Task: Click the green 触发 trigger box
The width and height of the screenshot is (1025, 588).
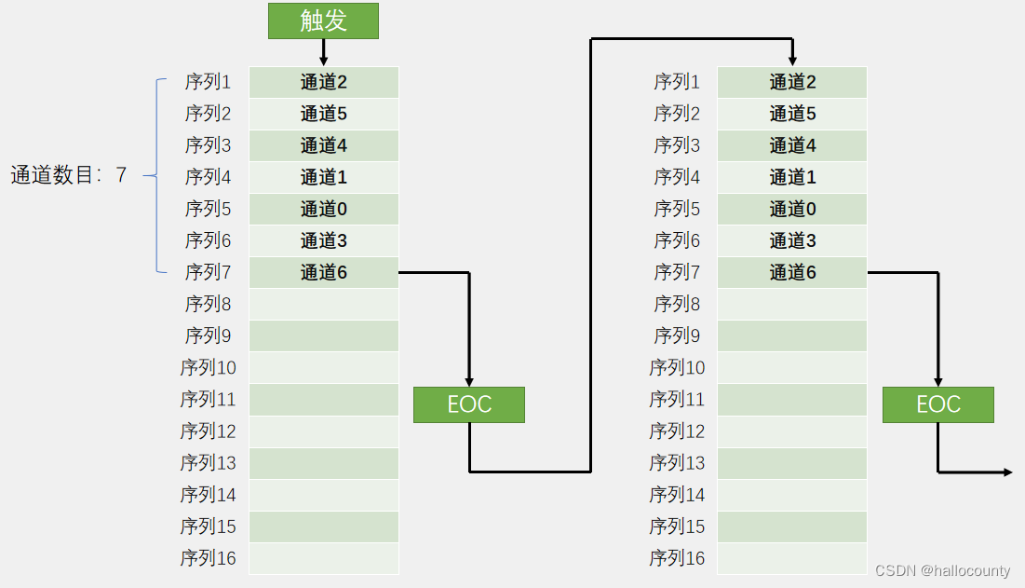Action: click(x=323, y=21)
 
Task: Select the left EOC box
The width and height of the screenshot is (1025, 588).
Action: click(x=469, y=404)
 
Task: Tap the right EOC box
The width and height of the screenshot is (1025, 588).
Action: click(x=937, y=404)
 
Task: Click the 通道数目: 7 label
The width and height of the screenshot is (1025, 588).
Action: click(x=68, y=175)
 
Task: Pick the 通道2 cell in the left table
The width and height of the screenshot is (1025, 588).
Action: click(x=323, y=82)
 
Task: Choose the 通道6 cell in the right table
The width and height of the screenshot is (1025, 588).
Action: click(x=792, y=272)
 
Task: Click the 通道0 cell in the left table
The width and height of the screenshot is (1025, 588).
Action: click(x=323, y=209)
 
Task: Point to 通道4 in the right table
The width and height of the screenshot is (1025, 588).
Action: click(x=792, y=145)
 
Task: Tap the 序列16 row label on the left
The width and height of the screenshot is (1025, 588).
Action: click(x=209, y=558)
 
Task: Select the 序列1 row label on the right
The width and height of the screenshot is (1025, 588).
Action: click(x=677, y=82)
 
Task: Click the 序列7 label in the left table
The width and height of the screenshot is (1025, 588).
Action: click(x=209, y=272)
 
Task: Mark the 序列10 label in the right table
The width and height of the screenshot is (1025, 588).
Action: click(x=677, y=367)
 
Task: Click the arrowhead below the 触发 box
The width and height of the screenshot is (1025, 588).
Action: click(x=323, y=61)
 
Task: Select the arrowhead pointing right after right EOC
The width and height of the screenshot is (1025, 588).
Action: click(x=1007, y=472)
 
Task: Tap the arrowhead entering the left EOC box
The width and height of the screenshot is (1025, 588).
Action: click(x=470, y=381)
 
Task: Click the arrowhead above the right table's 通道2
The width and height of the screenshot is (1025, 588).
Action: click(x=792, y=61)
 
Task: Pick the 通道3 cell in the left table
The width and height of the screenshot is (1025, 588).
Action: click(x=323, y=240)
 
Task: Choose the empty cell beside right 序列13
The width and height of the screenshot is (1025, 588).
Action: click(x=792, y=463)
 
